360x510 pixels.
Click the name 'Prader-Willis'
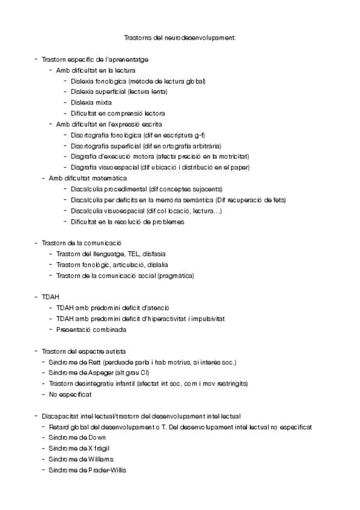108,470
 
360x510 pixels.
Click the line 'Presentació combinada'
91,330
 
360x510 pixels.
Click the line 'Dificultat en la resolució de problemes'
127,221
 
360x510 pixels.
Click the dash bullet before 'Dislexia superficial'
64,91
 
